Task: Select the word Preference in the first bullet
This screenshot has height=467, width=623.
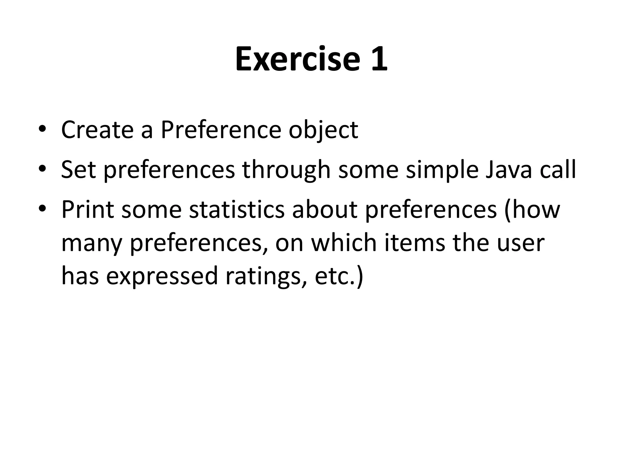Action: [221, 130]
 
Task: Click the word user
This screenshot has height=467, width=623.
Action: [520, 244]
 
